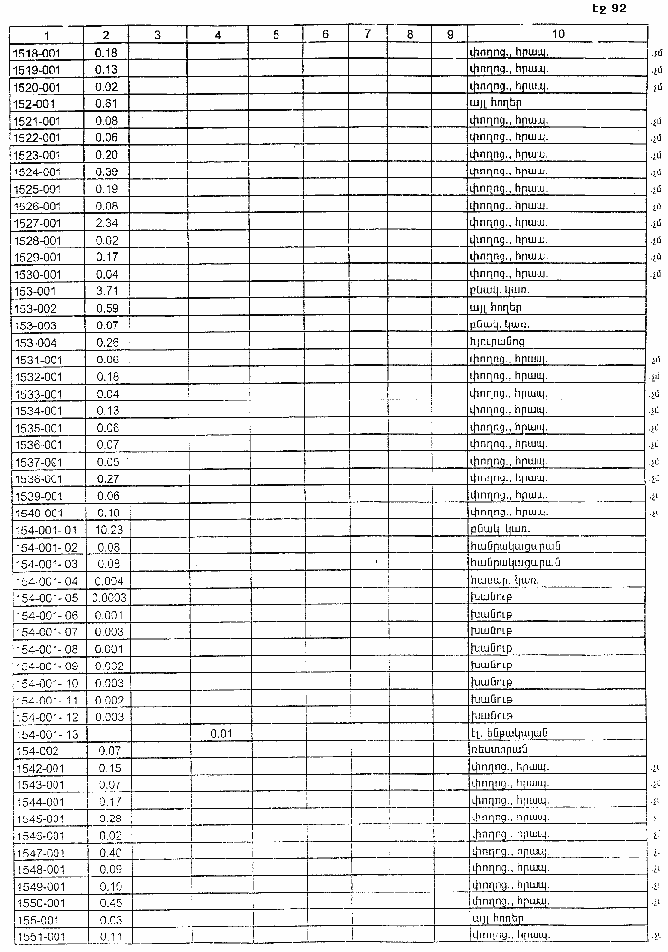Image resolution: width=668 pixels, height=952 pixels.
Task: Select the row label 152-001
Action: [x=35, y=102]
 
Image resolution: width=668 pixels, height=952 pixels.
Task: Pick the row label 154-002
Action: [x=36, y=750]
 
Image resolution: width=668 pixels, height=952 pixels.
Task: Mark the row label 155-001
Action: [x=36, y=919]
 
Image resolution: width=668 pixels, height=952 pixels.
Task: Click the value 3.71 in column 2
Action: [x=107, y=291]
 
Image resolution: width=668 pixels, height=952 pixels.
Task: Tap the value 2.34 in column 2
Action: [x=107, y=223]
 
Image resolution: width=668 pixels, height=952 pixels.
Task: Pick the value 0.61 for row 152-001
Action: [x=107, y=102]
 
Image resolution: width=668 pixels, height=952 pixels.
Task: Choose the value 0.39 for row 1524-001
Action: [x=107, y=171]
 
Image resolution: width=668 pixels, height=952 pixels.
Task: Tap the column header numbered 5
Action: [x=276, y=35]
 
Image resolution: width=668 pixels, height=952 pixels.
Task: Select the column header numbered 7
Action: [x=367, y=35]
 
